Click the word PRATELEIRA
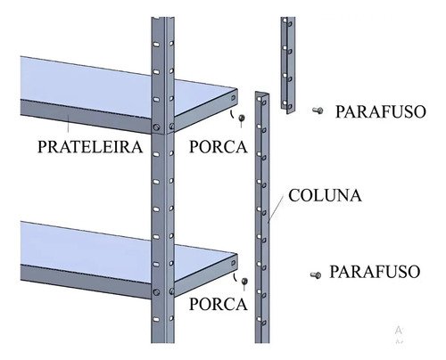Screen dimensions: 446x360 pyautogui.click(x=90, y=147)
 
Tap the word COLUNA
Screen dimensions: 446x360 pyautogui.click(x=325, y=195)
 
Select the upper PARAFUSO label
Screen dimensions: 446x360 pyautogui.click(x=381, y=111)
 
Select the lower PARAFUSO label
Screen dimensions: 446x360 pyautogui.click(x=375, y=272)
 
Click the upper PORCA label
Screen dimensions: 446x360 pyautogui.click(x=219, y=147)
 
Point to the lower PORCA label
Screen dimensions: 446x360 pyautogui.click(x=219, y=304)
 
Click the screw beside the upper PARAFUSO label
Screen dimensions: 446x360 pyautogui.click(x=318, y=110)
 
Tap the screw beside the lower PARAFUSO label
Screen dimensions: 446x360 pyautogui.click(x=316, y=275)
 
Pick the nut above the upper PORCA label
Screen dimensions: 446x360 pyautogui.click(x=242, y=118)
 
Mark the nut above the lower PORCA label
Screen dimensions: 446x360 pyautogui.click(x=244, y=281)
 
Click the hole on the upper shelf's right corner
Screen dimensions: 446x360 pyautogui.click(x=234, y=98)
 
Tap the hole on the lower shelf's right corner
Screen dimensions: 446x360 pyautogui.click(x=234, y=263)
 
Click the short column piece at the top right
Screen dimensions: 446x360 pyautogui.click(x=288, y=65)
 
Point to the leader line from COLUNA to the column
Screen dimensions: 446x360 pyautogui.click(x=276, y=209)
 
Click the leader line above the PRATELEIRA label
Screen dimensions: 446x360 pyautogui.click(x=69, y=124)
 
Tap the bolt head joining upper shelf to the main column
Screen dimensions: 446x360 pyautogui.click(x=156, y=127)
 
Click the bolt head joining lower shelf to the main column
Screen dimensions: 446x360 pyautogui.click(x=156, y=292)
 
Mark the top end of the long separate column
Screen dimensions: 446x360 pyautogui.click(x=262, y=94)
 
